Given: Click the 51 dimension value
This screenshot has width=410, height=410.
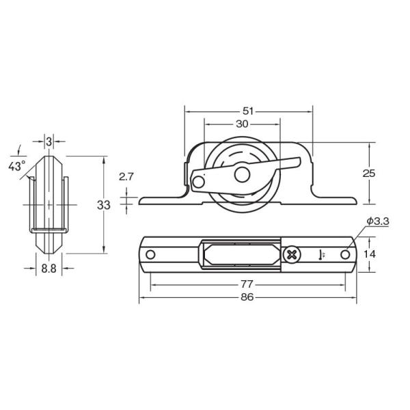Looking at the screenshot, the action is pos(248,111).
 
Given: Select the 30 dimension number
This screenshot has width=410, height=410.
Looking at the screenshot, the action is pos(242,124).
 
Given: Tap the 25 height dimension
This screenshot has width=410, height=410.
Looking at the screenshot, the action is pos(369,174).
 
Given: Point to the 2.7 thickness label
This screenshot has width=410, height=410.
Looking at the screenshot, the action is pos(126,177).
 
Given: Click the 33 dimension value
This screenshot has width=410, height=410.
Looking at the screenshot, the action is pos(104,205).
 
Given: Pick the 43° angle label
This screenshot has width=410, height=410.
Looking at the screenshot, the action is pos(16,166).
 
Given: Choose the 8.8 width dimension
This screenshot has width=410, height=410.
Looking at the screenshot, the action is pos(49,269).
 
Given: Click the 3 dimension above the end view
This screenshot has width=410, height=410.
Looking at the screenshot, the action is pos(49,141).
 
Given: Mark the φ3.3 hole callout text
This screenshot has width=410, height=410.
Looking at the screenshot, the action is pos(378,221).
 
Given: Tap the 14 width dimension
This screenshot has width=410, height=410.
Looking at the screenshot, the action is pos(370,254).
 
